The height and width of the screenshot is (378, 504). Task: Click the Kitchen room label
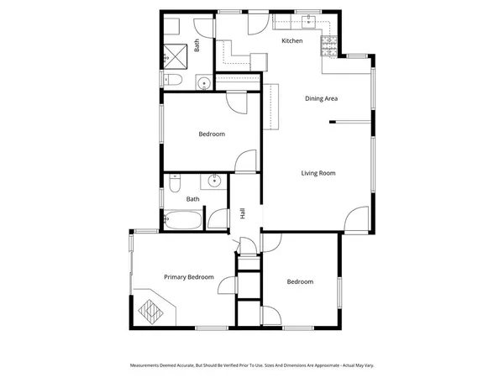coord(291,40)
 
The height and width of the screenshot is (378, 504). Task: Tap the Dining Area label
coord(321,98)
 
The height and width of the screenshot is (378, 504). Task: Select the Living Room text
coord(318,173)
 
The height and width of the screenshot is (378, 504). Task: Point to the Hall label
coord(243,214)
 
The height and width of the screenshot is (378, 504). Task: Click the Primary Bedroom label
coord(188,277)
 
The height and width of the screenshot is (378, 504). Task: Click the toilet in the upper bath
coord(172,80)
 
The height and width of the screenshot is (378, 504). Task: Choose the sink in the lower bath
coord(213,181)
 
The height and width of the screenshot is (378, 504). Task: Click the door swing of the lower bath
coord(218,218)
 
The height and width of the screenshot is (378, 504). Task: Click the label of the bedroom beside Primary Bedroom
coord(299,281)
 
